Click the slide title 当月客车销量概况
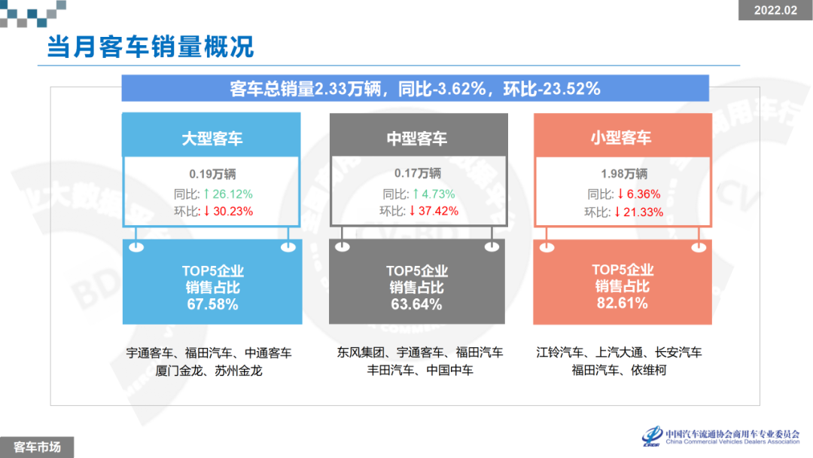click(x=151, y=47)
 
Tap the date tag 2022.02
click(x=775, y=11)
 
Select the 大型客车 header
click(x=212, y=139)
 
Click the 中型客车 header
click(x=416, y=139)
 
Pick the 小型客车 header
click(x=621, y=138)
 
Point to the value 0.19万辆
click(x=212, y=173)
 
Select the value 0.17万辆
click(x=416, y=173)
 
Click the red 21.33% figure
click(x=638, y=212)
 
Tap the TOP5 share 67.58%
click(x=212, y=304)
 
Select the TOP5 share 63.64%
click(x=416, y=304)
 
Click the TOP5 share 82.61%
click(x=622, y=304)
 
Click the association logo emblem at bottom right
click(x=653, y=436)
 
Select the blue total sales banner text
click(x=415, y=88)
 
